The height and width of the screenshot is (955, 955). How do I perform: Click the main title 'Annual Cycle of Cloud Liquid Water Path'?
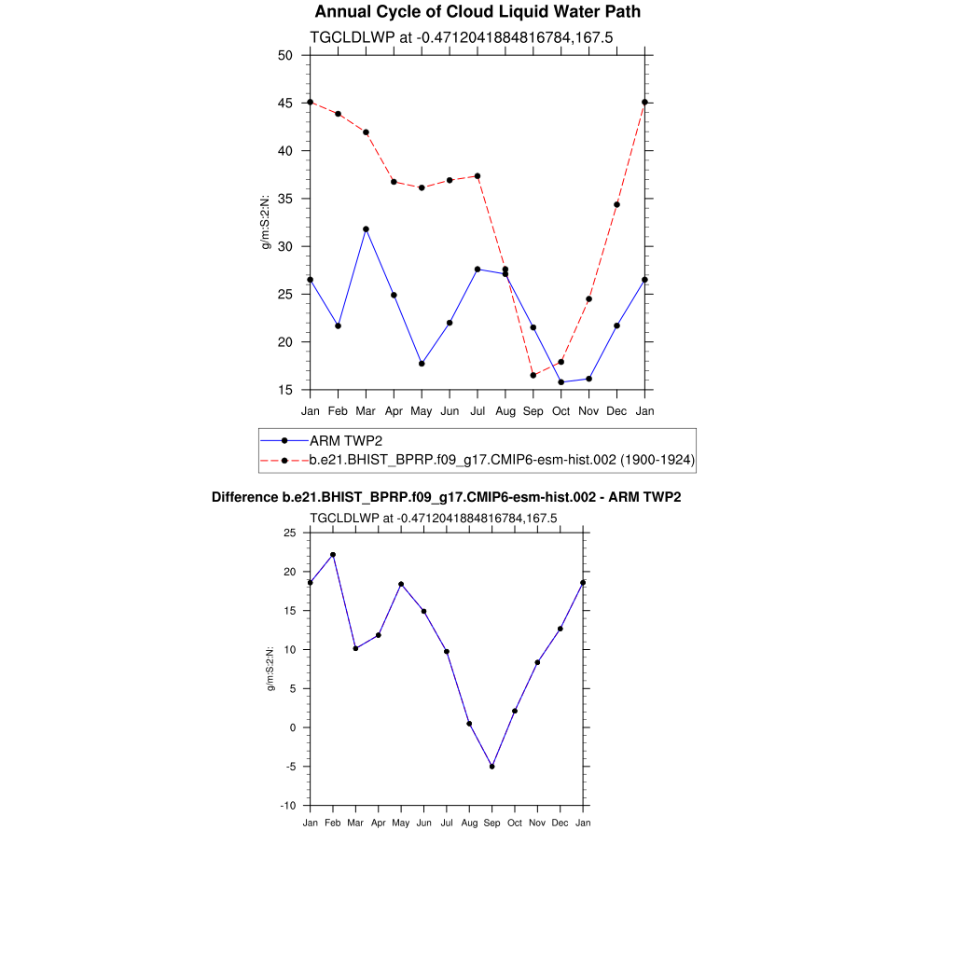(x=477, y=12)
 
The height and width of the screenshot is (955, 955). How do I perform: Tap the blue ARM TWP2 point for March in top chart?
(x=366, y=228)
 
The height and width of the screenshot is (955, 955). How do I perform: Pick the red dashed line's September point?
(x=533, y=375)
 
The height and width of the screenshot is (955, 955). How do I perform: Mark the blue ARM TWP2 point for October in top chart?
(x=561, y=382)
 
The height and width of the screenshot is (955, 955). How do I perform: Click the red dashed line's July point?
(x=477, y=176)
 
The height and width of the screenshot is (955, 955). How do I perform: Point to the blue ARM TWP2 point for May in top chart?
(x=422, y=364)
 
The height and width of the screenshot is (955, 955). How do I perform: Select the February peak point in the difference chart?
(x=333, y=555)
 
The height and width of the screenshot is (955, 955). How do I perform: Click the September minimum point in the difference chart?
(x=491, y=767)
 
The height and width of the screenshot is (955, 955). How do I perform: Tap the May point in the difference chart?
(x=401, y=584)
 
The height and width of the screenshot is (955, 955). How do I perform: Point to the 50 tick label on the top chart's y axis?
(x=285, y=55)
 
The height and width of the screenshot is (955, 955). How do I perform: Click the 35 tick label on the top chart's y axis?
(x=285, y=199)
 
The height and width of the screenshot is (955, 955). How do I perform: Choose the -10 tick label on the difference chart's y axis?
(x=288, y=806)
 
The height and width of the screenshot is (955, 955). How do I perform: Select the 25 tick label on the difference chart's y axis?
(x=290, y=533)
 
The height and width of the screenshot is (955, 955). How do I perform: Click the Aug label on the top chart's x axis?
(x=505, y=410)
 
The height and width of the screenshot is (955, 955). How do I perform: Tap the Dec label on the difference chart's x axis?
(x=560, y=823)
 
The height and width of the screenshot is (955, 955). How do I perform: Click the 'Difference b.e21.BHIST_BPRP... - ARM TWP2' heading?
(x=447, y=498)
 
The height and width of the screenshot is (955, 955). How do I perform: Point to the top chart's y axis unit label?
(x=265, y=222)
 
